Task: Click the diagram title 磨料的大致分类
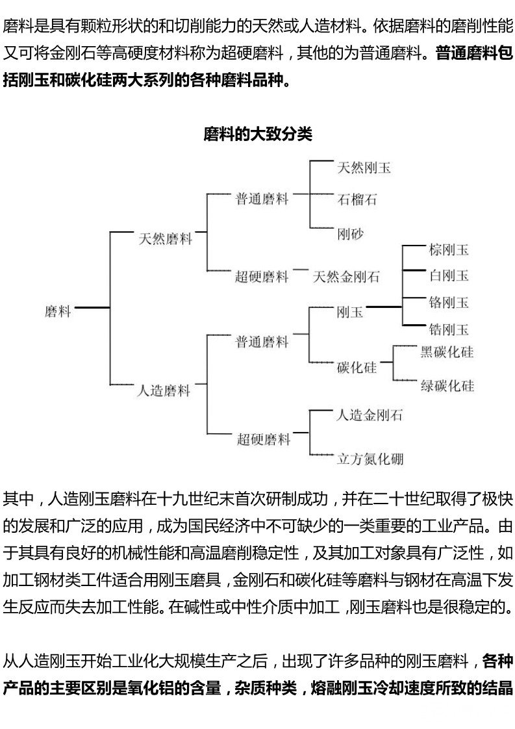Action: tap(257, 134)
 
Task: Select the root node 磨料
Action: tap(58, 311)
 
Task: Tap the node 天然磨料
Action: tap(166, 239)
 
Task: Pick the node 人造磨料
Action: tap(164, 390)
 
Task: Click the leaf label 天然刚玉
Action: tap(364, 168)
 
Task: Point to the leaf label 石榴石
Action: tap(357, 199)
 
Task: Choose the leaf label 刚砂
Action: tap(351, 234)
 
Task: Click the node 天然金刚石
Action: tap(346, 277)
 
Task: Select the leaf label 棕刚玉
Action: tap(449, 250)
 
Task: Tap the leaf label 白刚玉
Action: tap(449, 275)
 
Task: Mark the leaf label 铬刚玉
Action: tap(449, 303)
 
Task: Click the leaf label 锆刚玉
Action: tap(449, 329)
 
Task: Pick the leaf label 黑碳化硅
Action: tap(447, 352)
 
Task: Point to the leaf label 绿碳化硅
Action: tap(447, 385)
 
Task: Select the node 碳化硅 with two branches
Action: tap(357, 367)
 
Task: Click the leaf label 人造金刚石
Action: tap(370, 415)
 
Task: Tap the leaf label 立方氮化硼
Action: tap(370, 459)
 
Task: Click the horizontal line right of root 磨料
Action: tap(92, 307)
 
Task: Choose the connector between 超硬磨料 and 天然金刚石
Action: tap(300, 269)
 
